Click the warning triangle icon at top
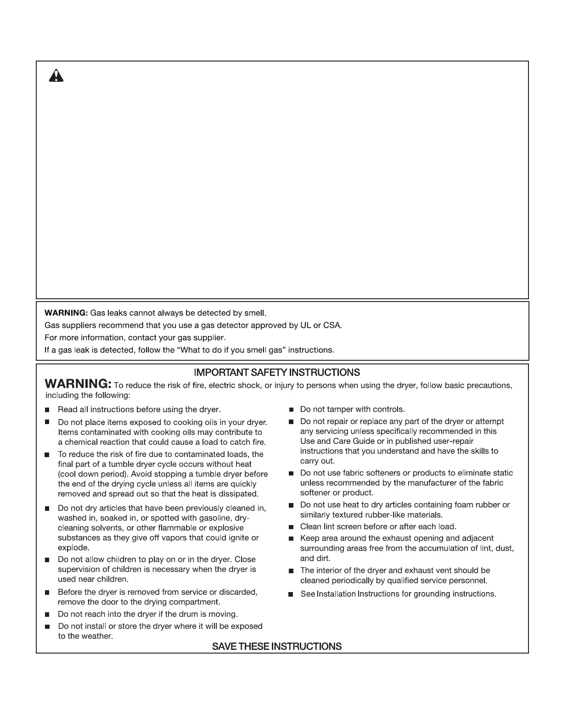point(56,75)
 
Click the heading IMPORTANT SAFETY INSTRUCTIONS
point(277,372)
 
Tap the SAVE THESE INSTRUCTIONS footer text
point(277,646)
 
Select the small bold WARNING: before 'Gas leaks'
point(66,313)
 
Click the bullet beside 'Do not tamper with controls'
point(291,409)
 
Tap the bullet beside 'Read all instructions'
point(47,409)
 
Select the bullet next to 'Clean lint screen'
point(291,527)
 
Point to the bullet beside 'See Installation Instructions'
point(291,594)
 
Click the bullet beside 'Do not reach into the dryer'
point(47,614)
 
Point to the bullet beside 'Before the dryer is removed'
point(47,593)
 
